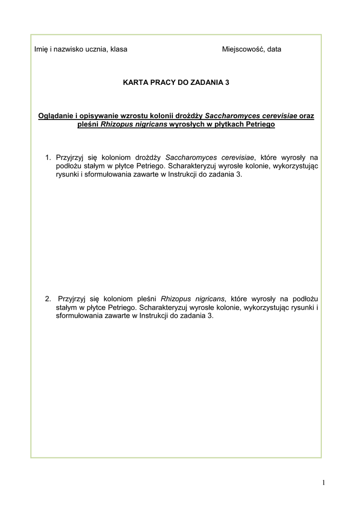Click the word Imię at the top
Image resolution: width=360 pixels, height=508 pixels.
point(40,49)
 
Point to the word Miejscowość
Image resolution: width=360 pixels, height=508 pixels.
point(243,49)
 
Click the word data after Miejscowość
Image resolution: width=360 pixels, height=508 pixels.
point(274,49)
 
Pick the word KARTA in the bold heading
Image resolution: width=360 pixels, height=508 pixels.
point(135,83)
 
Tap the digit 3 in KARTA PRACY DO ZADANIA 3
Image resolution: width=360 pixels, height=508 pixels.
point(227,83)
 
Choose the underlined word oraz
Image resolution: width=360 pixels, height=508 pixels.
point(307,116)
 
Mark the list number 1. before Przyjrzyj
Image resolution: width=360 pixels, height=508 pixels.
point(48,158)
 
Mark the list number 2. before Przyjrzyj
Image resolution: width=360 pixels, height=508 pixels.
point(48,299)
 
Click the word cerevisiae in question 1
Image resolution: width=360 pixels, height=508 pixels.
point(242,158)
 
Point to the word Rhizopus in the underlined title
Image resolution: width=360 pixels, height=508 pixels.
point(115,124)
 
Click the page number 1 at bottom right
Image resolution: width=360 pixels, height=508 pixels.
point(323,482)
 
